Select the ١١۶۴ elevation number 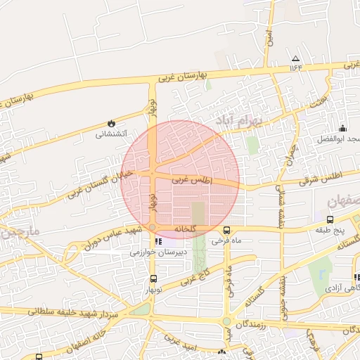pos(295,68)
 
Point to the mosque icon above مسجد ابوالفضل pos(342,128)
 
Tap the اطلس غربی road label pos(193,181)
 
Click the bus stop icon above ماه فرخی pos(226,230)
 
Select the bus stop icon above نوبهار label pos(153,279)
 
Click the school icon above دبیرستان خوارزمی pos(148,241)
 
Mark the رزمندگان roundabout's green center pos(226,323)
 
